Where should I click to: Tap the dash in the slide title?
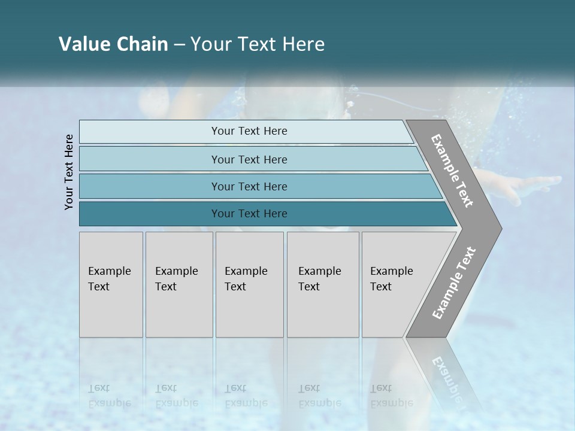pyautogui.click(x=179, y=45)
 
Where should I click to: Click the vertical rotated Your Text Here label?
pyautogui.click(x=69, y=172)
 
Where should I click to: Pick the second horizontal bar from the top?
pyautogui.click(x=249, y=159)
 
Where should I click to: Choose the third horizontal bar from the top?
pyautogui.click(x=249, y=186)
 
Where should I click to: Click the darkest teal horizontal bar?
pyautogui.click(x=249, y=214)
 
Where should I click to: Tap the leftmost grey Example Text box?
pyautogui.click(x=111, y=284)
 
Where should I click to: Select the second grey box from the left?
pyautogui.click(x=178, y=284)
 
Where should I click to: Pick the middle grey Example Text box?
pyautogui.click(x=249, y=284)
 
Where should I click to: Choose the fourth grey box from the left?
pyautogui.click(x=322, y=284)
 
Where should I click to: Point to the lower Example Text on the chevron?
pyautogui.click(x=454, y=283)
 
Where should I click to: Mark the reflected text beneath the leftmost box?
pyautogui.click(x=110, y=396)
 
